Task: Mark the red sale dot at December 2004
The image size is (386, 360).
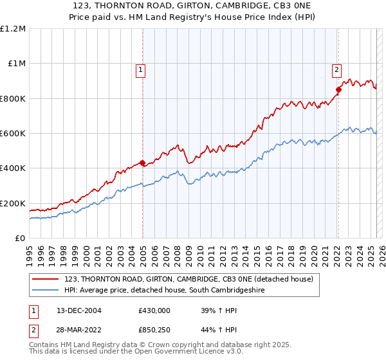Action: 142,163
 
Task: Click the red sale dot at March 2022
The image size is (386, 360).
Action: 338,90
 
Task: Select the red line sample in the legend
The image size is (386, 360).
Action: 46,279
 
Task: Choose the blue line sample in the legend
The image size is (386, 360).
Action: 46,291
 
